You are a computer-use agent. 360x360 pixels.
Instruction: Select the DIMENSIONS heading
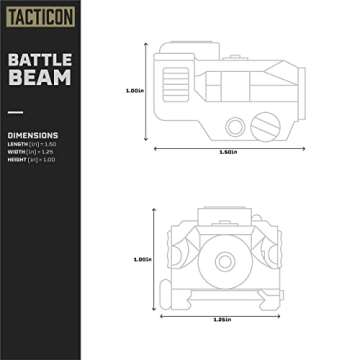(x=32, y=134)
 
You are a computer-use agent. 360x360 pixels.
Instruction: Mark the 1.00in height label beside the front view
(x=143, y=259)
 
